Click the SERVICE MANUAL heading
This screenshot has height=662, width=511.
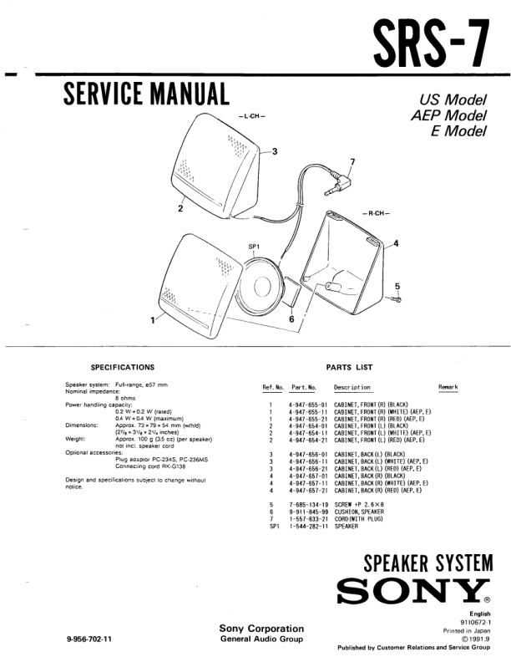146,94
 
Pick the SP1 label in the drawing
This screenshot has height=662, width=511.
255,247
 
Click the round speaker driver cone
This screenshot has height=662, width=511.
266,286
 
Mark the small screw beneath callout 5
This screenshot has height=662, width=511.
398,298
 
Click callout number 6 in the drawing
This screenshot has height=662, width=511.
291,318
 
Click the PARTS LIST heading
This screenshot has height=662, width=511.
349,367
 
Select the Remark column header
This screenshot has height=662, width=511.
448,387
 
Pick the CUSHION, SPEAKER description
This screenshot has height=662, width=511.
359,512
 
